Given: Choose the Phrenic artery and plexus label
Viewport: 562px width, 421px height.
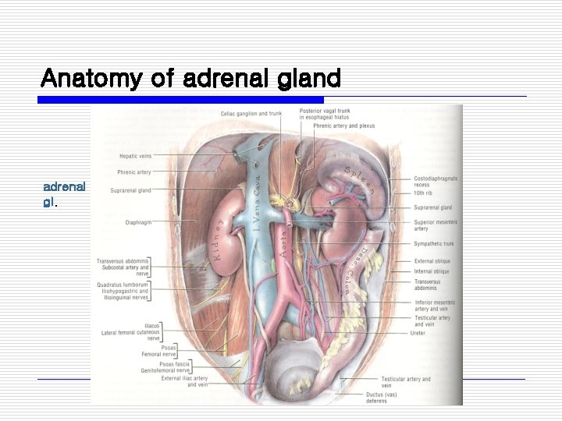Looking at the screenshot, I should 344,126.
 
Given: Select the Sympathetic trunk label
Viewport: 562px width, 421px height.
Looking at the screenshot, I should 433,243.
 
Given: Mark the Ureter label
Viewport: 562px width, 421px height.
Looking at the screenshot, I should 418,333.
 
